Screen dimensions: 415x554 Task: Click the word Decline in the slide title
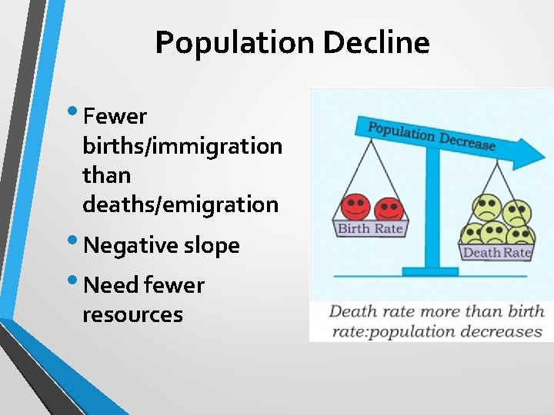pos(376,42)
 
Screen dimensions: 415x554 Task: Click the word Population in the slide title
pos(236,42)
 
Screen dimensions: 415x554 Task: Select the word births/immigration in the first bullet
pos(182,146)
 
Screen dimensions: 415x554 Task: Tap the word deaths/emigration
pos(181,204)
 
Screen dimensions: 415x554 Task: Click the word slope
pos(212,246)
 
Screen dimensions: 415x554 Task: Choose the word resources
pos(132,314)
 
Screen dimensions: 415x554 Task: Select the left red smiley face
pos(355,207)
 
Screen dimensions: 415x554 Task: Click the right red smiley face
pos(389,209)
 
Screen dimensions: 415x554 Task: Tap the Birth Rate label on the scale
pos(370,228)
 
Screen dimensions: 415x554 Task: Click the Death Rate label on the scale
pos(497,252)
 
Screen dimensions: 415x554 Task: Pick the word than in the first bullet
pos(106,175)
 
